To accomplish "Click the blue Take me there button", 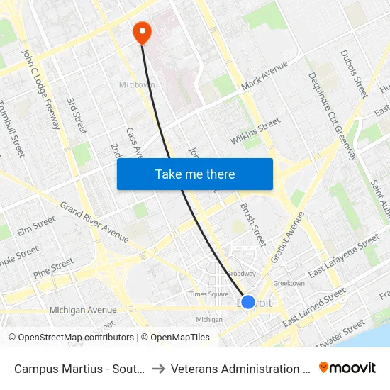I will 195,174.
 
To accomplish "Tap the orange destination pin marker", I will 142,31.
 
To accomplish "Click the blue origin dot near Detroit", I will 247,302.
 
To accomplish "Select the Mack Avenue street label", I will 264,76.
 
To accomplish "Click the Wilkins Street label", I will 255,131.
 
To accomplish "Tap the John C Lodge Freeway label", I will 40,89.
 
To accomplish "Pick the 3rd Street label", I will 77,115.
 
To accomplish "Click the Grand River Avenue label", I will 94,219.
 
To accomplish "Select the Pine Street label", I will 53,267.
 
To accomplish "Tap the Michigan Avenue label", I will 83,310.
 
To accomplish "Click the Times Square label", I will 208,294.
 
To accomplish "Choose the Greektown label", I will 289,283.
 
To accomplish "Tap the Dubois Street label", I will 353,73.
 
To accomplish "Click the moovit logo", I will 347,367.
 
